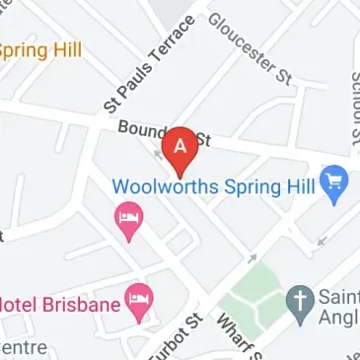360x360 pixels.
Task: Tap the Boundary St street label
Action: [x=163, y=135]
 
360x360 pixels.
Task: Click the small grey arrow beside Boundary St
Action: [x=158, y=153]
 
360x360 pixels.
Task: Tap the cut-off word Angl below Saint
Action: [x=337, y=319]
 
